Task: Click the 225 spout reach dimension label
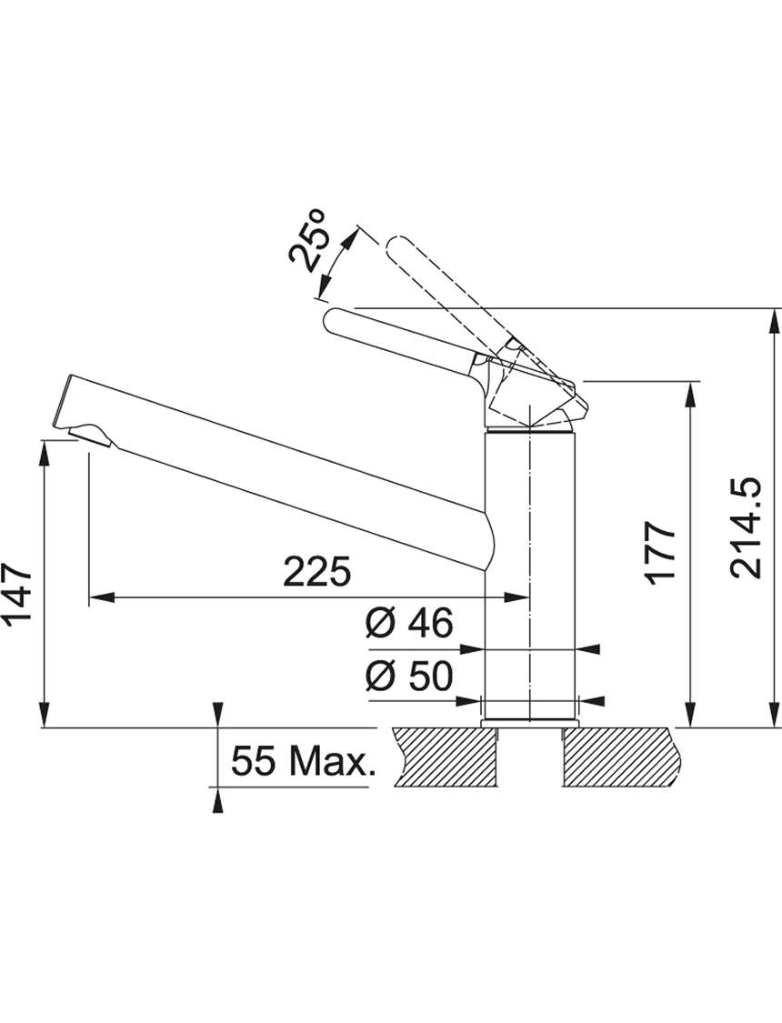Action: point(316,572)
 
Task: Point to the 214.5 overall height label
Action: point(746,529)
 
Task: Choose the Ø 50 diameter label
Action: point(409,676)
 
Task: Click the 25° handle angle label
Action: point(308,240)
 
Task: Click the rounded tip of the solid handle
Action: point(332,321)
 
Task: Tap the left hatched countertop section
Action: point(444,757)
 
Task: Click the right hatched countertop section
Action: point(624,757)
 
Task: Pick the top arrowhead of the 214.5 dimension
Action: point(775,321)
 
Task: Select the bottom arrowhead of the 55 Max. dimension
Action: point(218,800)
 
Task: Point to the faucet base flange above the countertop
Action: point(529,722)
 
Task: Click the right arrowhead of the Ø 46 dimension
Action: point(587,649)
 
